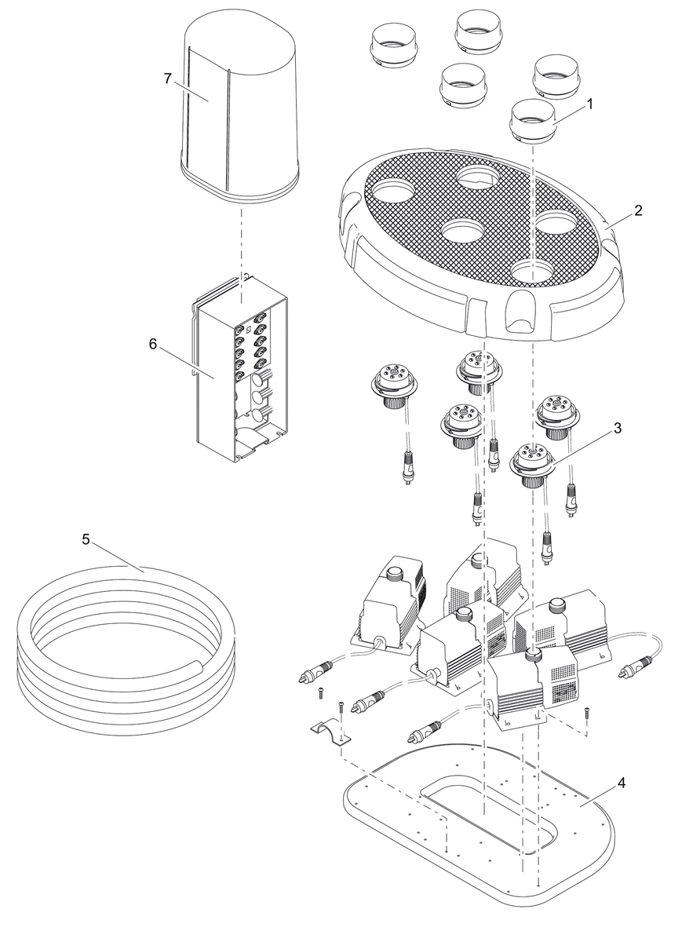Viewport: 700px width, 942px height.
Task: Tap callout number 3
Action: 618,429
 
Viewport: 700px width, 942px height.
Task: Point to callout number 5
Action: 86,540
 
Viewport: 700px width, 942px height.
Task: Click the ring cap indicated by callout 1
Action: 533,119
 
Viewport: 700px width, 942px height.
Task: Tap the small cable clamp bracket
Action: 329,735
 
